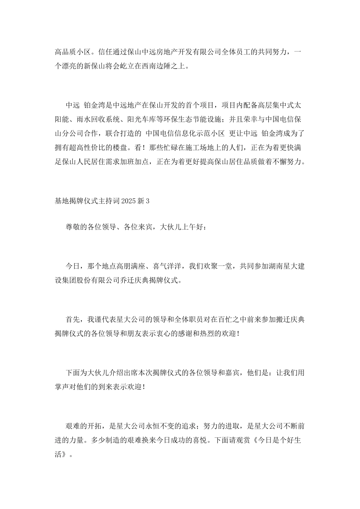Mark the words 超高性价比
[94, 148]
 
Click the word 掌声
[62, 387]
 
